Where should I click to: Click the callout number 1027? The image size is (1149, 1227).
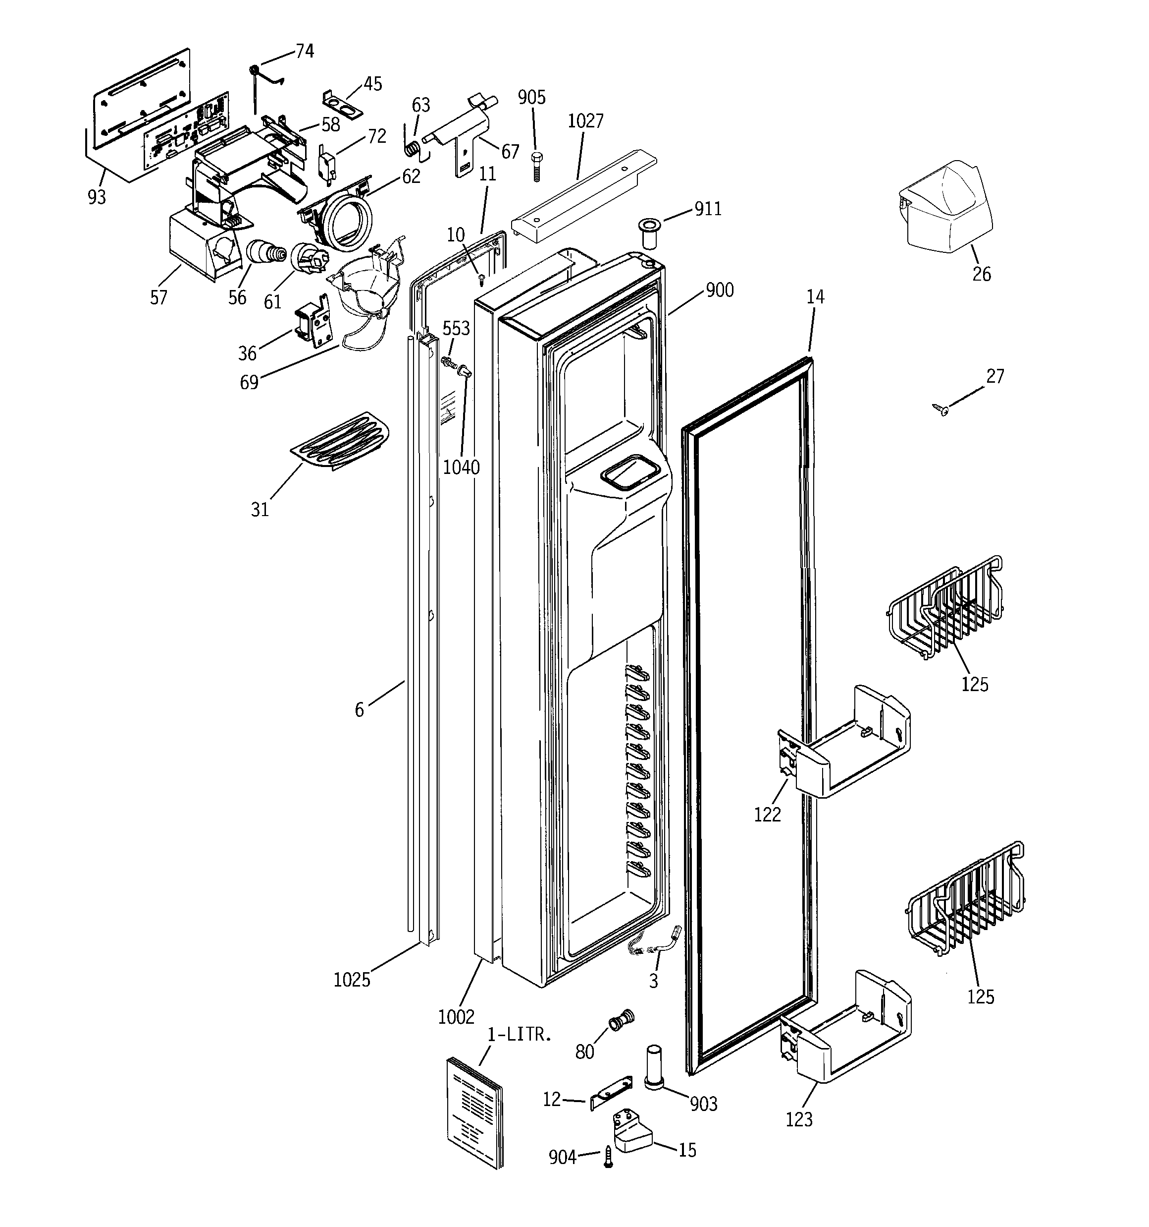pos(585,121)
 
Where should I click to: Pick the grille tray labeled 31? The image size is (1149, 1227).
pos(340,440)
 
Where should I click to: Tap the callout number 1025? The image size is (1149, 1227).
pos(352,980)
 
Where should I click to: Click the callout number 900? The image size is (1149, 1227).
pos(719,290)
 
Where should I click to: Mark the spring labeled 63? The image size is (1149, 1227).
pos(415,149)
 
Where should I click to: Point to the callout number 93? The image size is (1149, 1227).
pos(97,197)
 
